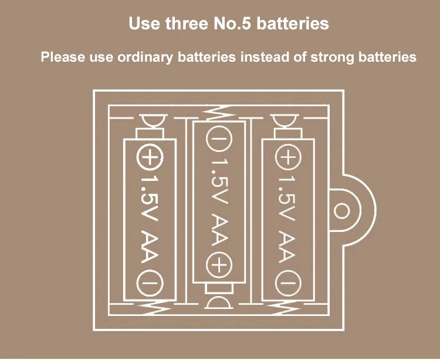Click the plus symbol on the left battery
point(150,157)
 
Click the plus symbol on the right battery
point(288,157)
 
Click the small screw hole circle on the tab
point(340,210)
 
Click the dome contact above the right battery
point(288,122)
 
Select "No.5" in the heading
point(232,24)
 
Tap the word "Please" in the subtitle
point(59,58)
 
